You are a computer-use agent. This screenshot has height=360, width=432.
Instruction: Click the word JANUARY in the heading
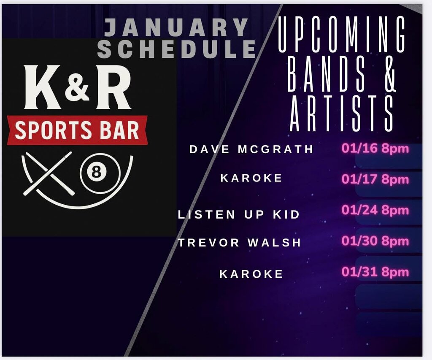click(176, 27)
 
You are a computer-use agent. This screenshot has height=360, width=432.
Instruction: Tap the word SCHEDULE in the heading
click(177, 49)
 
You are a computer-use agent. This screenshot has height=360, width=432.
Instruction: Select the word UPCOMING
click(342, 34)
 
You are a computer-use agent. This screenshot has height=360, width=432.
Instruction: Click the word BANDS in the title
click(326, 74)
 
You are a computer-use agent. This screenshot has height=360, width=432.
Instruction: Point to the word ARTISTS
click(342, 113)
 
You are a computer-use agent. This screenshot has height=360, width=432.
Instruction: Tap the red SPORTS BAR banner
click(77, 130)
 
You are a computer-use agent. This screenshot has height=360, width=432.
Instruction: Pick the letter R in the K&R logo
click(113, 87)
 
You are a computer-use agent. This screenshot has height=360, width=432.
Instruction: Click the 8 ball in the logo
click(96, 173)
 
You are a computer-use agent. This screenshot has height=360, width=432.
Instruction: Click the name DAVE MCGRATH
click(251, 149)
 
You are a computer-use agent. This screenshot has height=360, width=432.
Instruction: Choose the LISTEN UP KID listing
click(239, 214)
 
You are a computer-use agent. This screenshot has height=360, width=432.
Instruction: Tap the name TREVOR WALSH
click(239, 243)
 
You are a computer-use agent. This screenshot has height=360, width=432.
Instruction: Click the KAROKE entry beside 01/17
click(251, 178)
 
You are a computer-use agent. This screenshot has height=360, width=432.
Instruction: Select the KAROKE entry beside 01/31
click(251, 274)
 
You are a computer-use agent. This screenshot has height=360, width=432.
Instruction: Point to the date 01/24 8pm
click(375, 211)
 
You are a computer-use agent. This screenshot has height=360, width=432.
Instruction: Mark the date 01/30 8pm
click(375, 241)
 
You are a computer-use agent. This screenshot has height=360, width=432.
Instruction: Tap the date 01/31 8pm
click(375, 272)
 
